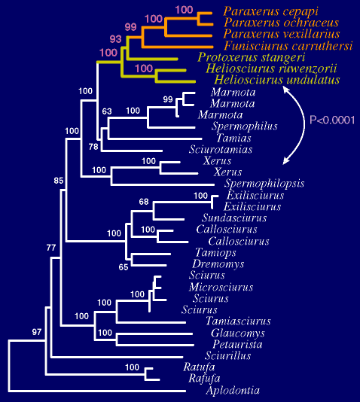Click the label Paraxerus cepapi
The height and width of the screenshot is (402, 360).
click(270, 11)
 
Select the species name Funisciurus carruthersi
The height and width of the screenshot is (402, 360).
click(288, 46)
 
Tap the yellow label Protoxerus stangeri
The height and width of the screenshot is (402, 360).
click(252, 57)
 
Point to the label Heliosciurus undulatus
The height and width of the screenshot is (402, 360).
click(277, 80)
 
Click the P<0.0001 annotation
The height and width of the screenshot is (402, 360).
click(332, 120)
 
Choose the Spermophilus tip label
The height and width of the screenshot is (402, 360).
click(244, 126)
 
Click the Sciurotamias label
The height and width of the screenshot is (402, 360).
click(221, 149)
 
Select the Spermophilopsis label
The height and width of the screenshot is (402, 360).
click(264, 184)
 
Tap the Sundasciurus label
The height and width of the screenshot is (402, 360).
click(234, 218)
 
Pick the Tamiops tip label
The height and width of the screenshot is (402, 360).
click(215, 253)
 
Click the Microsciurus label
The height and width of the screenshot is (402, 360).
click(221, 287)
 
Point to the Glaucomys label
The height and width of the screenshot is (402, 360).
click(238, 333)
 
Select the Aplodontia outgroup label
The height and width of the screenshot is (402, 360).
click(233, 391)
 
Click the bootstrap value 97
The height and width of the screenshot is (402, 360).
click(37, 332)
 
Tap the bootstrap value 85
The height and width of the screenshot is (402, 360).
click(59, 181)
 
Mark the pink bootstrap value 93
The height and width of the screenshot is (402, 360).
click(116, 39)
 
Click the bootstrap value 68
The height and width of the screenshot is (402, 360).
click(144, 202)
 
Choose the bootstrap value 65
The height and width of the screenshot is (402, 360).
click(124, 267)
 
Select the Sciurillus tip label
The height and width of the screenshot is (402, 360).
click(227, 355)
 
